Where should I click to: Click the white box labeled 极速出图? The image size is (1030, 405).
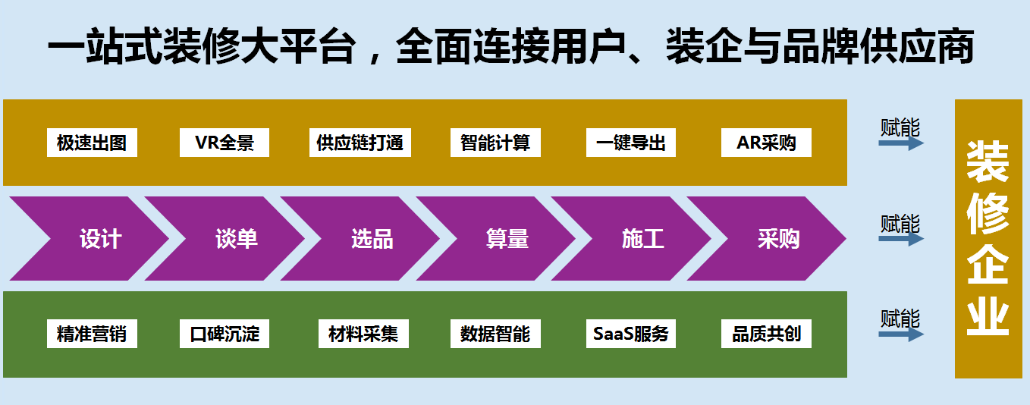(x=91, y=143)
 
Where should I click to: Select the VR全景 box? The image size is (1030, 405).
(x=225, y=143)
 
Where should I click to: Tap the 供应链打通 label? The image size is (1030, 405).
(x=360, y=143)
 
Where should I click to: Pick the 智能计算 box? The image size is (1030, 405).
(x=495, y=143)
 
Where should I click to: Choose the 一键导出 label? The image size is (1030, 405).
(x=631, y=143)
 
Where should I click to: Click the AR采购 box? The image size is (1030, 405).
(x=766, y=143)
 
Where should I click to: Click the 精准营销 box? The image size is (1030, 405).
(x=91, y=334)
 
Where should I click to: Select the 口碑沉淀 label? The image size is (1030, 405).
(x=225, y=334)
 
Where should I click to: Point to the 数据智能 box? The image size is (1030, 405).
(x=495, y=334)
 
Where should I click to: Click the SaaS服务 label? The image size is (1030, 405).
(x=631, y=334)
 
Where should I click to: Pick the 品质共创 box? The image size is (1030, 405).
(x=766, y=334)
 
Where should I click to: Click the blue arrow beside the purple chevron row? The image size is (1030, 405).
(x=901, y=238)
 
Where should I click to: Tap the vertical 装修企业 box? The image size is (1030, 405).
(x=988, y=238)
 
